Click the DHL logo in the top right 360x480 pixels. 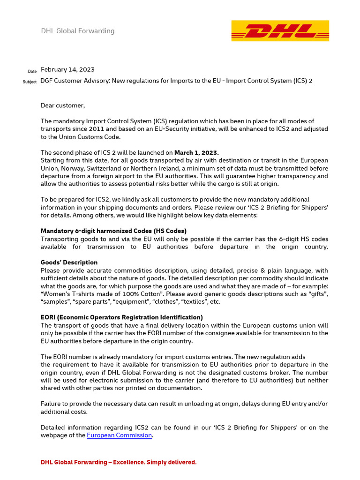point(280,31)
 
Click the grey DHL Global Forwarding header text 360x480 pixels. point(78,31)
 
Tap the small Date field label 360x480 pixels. point(32,71)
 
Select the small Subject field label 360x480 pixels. point(30,82)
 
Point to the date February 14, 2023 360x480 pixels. point(67,70)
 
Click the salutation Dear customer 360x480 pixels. point(63,105)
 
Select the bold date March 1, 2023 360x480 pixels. point(196,152)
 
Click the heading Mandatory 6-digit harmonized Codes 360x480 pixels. point(113,231)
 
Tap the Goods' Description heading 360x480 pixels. point(69,262)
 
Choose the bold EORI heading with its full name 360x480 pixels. point(122,317)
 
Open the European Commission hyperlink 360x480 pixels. point(120,435)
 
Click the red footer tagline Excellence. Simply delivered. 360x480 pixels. point(119,463)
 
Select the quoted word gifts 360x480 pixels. point(316,294)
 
